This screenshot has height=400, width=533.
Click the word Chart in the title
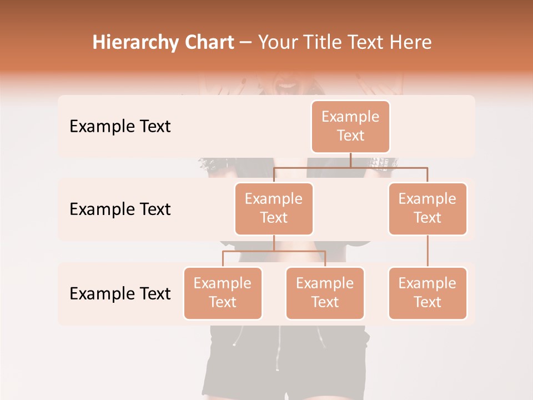[x=209, y=43]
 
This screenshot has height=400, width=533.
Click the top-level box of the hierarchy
[x=350, y=126]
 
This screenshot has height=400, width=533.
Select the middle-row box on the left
[x=274, y=208]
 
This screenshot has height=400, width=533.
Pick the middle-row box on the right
[x=428, y=208]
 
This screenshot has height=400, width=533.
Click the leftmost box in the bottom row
[x=223, y=293]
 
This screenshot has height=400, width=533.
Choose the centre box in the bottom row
[x=325, y=293]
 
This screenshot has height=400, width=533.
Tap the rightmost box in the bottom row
[x=428, y=293]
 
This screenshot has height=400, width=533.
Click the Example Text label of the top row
[x=120, y=127]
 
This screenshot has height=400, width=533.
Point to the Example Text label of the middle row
[x=120, y=209]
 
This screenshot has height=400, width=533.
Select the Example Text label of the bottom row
[x=120, y=293]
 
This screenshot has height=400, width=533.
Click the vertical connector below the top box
[x=350, y=160]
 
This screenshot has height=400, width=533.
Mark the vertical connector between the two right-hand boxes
[x=428, y=251]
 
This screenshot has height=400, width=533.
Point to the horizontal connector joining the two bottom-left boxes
[x=274, y=251]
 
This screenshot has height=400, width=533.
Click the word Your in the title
[x=278, y=43]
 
